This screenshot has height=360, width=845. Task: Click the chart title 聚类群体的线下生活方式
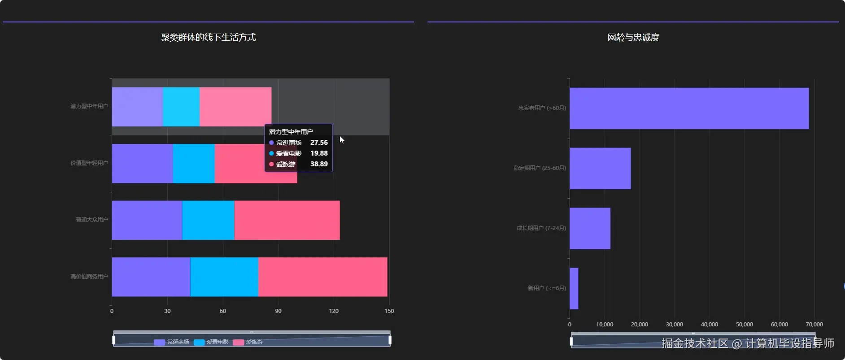(x=208, y=38)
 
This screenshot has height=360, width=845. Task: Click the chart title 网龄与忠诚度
(x=633, y=38)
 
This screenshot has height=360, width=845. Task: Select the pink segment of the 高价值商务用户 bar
(x=322, y=277)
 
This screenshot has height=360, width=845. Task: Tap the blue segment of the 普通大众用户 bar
(x=208, y=220)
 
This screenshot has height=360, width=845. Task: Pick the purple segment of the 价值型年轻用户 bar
(x=142, y=163)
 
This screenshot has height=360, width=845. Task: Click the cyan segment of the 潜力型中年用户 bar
(x=181, y=107)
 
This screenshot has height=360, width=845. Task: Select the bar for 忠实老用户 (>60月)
(x=689, y=108)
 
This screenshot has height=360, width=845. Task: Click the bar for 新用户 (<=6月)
(x=574, y=288)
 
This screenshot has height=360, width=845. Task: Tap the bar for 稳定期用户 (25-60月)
(x=600, y=169)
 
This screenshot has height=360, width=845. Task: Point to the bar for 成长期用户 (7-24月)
(x=590, y=228)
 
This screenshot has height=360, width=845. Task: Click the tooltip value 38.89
(x=319, y=164)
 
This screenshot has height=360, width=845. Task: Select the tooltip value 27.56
(x=319, y=143)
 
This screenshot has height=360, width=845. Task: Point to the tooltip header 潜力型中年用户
(x=291, y=132)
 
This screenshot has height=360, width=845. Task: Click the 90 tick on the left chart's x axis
(x=278, y=311)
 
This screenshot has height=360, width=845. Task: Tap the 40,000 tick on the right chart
(x=709, y=325)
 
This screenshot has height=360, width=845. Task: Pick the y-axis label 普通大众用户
(x=92, y=220)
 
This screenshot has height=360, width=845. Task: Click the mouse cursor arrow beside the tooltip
(x=342, y=140)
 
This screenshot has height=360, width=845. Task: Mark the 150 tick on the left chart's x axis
(x=389, y=311)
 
